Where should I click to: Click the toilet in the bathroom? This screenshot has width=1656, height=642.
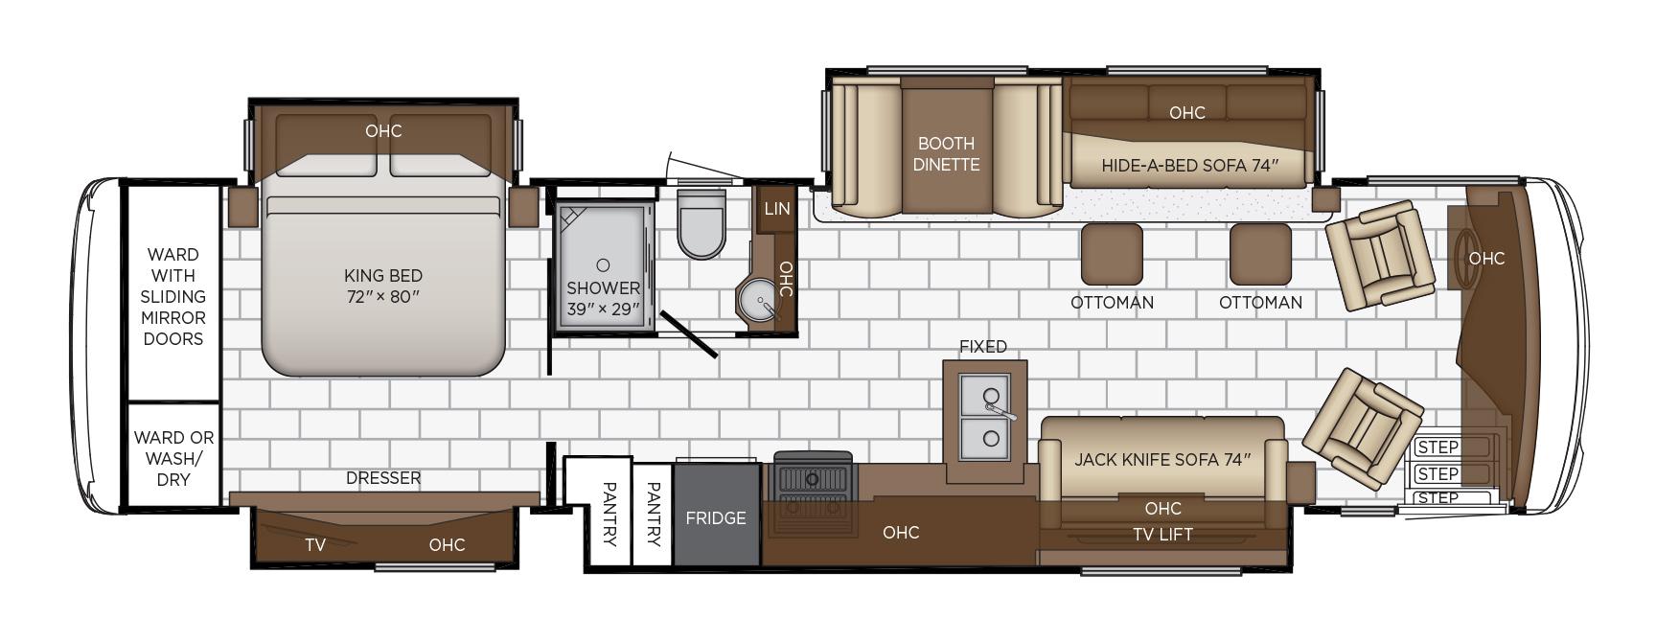click(x=701, y=223)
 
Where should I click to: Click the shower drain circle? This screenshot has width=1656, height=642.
click(x=603, y=264)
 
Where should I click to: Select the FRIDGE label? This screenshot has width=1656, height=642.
click(x=716, y=517)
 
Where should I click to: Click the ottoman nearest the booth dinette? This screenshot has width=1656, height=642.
click(x=1112, y=254)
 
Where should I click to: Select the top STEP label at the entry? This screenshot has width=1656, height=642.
click(x=1437, y=447)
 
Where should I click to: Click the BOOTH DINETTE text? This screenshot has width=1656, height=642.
click(x=946, y=154)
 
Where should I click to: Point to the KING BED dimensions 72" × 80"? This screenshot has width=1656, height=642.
click(x=383, y=297)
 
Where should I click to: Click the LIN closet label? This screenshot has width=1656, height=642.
click(x=777, y=208)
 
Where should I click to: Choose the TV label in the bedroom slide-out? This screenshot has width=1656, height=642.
click(x=315, y=545)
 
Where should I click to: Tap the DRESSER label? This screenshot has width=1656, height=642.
click(x=383, y=478)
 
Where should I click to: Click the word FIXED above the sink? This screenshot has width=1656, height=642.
click(x=983, y=346)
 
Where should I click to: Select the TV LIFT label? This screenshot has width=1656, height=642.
click(x=1162, y=535)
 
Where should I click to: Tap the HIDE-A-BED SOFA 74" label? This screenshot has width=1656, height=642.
click(x=1189, y=166)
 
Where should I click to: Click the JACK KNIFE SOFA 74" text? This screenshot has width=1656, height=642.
click(x=1162, y=460)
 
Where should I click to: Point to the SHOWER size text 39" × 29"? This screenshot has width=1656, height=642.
click(x=603, y=310)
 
